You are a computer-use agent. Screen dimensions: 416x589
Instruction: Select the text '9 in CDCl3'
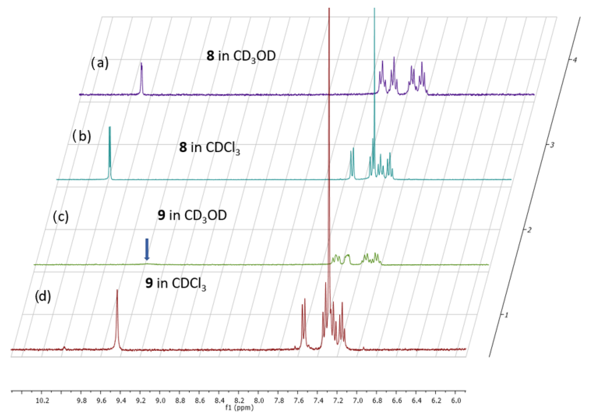[x=176, y=284]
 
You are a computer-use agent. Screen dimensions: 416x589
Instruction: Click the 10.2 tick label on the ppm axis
[x=42, y=401]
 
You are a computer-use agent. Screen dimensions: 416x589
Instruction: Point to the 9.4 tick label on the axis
[x=121, y=401]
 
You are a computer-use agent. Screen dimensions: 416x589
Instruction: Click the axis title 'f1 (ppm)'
[x=239, y=407]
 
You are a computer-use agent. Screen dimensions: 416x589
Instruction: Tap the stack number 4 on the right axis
[x=574, y=60]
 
